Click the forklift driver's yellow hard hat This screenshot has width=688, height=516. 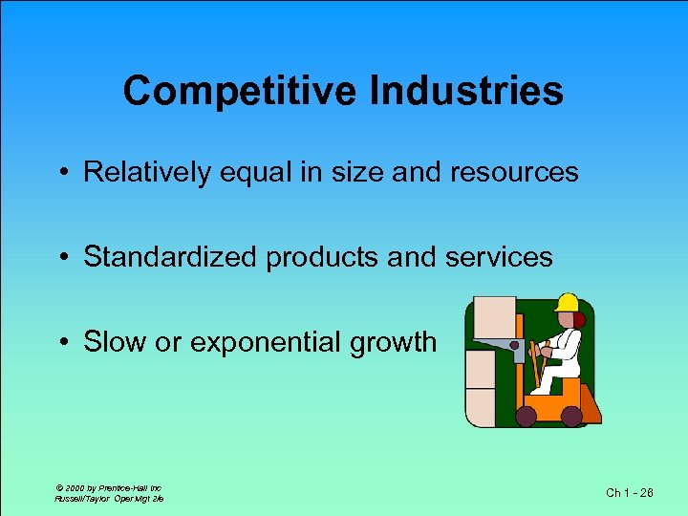[568, 303]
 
